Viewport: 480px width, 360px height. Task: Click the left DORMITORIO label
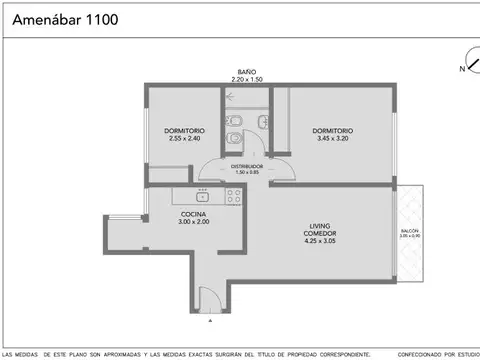tap(184, 131)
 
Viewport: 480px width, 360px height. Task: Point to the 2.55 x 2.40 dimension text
tap(184, 139)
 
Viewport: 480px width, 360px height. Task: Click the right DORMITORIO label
tap(332, 131)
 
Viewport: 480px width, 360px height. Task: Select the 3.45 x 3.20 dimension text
tap(332, 139)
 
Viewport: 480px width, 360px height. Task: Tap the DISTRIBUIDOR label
tap(248, 165)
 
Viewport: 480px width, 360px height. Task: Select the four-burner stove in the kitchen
tap(234, 196)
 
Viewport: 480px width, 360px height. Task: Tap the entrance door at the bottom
tap(209, 297)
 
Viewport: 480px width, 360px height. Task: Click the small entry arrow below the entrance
tap(209, 321)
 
